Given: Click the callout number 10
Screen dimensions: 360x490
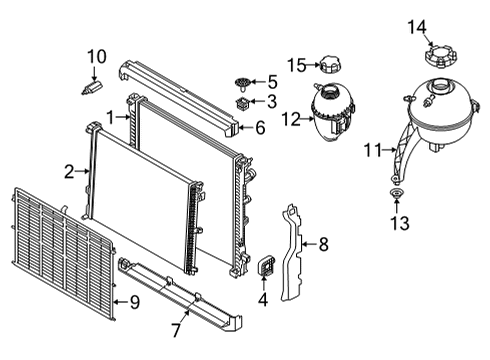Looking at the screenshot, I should point(95,56).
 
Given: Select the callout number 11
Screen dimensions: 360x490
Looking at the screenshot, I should point(372,151).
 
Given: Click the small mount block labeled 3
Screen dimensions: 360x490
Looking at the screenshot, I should point(242,102).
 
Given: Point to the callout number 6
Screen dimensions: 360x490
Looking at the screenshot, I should point(260,128).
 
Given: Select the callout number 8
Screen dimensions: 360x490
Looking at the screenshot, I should point(323,243).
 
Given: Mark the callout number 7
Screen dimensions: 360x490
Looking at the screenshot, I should point(176,329).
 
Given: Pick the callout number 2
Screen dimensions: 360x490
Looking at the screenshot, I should point(68,173).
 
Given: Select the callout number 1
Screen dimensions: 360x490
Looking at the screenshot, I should point(110,117).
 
